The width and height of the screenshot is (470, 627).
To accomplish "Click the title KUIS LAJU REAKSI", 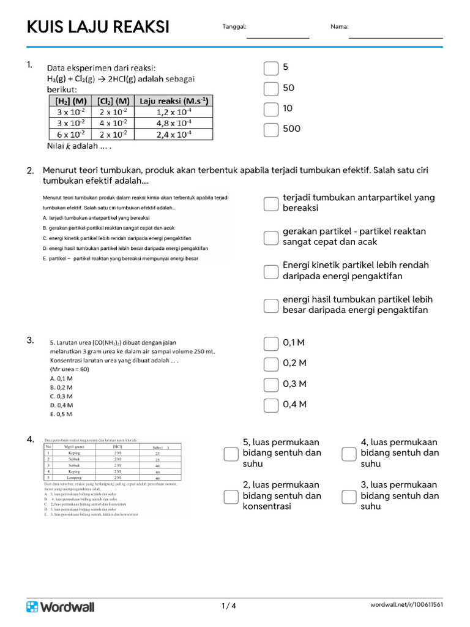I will (x=98, y=28).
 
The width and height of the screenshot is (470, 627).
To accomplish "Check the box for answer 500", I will (x=271, y=129).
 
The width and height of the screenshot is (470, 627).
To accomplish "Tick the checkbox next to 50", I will (x=271, y=89).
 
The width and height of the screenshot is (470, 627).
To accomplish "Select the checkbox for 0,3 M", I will (x=271, y=385).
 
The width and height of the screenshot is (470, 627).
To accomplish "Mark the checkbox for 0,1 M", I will (x=271, y=344).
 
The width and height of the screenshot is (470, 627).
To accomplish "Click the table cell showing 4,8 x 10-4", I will (x=174, y=123).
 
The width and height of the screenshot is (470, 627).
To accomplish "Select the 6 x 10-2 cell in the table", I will (x=71, y=135).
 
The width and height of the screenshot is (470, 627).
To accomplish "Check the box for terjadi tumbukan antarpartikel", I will (x=271, y=203).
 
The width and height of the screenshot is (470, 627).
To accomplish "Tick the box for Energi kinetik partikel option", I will (x=271, y=271).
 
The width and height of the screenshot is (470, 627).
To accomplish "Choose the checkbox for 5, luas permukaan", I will (x=231, y=454).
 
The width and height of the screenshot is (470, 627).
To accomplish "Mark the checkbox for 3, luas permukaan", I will (x=349, y=496).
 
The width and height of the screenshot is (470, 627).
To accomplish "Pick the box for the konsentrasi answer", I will (x=231, y=496).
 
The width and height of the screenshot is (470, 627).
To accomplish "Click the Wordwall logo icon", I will (x=32, y=606).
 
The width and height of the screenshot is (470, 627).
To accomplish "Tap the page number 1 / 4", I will (x=229, y=606).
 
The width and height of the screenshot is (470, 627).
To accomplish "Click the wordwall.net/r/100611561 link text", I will (x=406, y=606).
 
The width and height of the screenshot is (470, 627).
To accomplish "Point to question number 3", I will (x=30, y=340).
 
